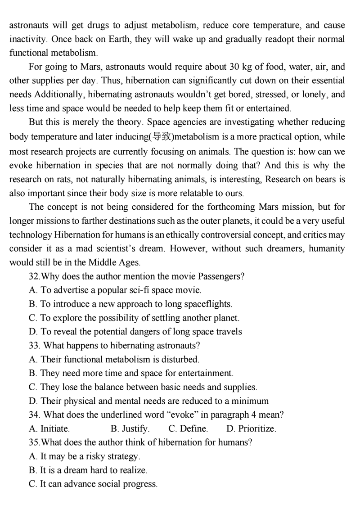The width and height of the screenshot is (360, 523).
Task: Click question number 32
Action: [34, 276]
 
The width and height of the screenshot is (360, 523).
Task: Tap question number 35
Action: [34, 442]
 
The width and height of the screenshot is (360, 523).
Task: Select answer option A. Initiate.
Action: [49, 428]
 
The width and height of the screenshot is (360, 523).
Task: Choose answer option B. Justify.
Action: [130, 428]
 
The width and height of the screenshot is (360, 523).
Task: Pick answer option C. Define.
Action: [188, 428]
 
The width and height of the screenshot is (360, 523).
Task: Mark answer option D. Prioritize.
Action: [251, 428]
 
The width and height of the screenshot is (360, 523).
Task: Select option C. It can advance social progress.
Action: [93, 484]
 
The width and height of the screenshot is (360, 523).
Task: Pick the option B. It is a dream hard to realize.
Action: [88, 470]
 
